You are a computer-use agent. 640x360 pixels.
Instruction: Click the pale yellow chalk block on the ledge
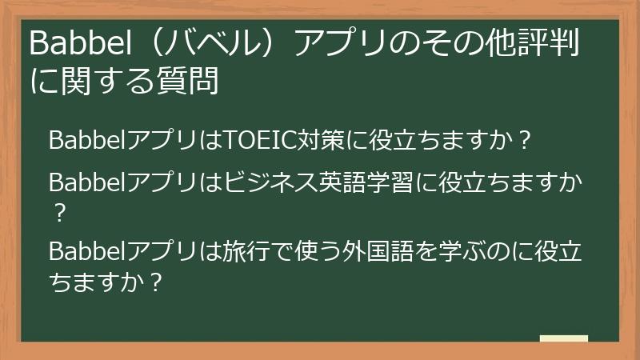563,339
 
